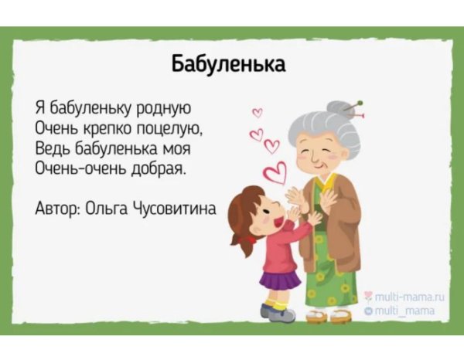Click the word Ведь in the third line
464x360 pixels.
pyautogui.click(x=52, y=146)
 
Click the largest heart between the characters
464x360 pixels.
pyautogui.click(x=275, y=172)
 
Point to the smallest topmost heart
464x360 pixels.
pyautogui.click(x=258, y=113)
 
